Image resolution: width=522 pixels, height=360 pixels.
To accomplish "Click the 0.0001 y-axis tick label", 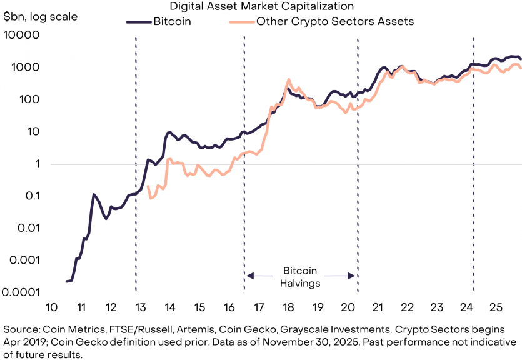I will click(x=21, y=292).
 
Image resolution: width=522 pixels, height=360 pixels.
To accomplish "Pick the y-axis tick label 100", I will click(x=28, y=100).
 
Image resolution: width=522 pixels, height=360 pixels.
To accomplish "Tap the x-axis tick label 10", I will click(x=51, y=307).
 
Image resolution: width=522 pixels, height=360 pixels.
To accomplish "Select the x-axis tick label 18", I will click(x=288, y=307).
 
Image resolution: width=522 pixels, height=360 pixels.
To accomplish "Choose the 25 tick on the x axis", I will click(x=495, y=307).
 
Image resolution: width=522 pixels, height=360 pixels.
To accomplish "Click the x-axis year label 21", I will click(x=378, y=307).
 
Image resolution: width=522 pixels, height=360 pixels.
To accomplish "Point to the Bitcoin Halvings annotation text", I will click(x=301, y=277).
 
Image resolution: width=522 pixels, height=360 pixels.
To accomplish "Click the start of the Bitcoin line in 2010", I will click(x=66, y=282).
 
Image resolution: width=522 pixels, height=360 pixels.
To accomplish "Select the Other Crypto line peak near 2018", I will click(x=288, y=79).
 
